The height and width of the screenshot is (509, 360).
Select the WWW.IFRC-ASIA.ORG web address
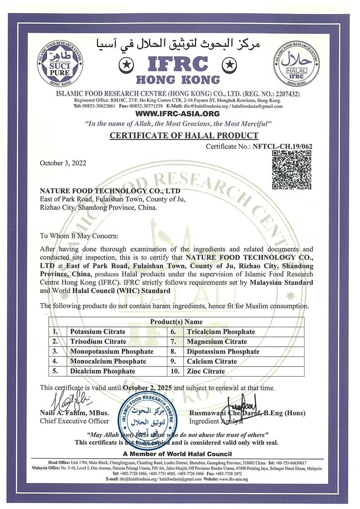pyautogui.click(x=177, y=114)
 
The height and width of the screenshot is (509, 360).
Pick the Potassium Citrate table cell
pyautogui.click(x=98, y=331)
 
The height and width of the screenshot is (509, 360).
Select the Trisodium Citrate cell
pyautogui.click(x=98, y=341)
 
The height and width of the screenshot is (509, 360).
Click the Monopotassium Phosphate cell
pyautogui.click(x=112, y=351)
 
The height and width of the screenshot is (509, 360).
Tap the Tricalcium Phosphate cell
pyautogui.click(x=220, y=331)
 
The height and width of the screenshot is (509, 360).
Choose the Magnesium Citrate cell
pyautogui.click(x=217, y=341)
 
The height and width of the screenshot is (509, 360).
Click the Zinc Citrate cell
pyautogui.click(x=206, y=371)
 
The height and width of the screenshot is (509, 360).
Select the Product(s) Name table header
pyautogui.click(x=176, y=322)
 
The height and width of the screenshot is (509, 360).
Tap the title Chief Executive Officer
pyautogui.click(x=74, y=421)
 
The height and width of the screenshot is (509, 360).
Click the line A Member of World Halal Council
pyautogui.click(x=177, y=454)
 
